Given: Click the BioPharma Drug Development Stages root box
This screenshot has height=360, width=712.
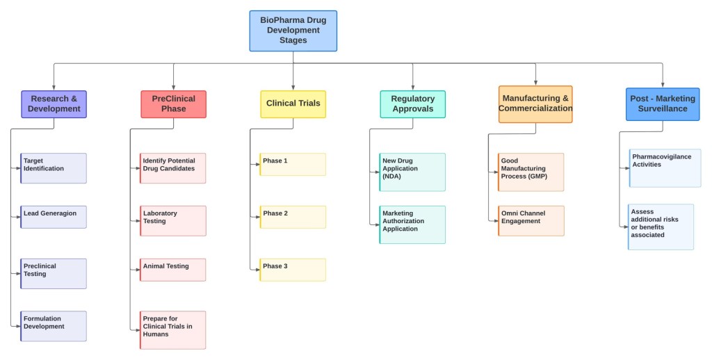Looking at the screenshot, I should tap(293, 31).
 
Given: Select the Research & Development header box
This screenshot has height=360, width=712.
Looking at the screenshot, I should tap(54, 104).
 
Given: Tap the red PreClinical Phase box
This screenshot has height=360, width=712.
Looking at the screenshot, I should tap(173, 104).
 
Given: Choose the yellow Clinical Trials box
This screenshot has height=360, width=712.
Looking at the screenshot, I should tap(293, 104).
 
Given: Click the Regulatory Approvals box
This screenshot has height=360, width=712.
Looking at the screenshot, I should tap(412, 104).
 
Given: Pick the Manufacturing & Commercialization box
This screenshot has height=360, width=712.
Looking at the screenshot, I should tap(535, 104).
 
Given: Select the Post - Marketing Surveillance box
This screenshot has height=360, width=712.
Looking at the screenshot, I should tap(662, 104).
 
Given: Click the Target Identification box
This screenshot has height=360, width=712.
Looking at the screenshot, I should tap(54, 168).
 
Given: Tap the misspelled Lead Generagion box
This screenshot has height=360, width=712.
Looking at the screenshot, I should tap(54, 217).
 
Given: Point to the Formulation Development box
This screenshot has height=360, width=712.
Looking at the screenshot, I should tap(54, 326).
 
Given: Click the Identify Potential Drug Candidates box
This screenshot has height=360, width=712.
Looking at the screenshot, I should tap(173, 168).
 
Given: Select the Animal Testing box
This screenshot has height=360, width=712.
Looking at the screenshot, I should tap(173, 270).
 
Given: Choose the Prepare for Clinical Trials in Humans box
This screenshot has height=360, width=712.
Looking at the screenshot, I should tap(173, 329).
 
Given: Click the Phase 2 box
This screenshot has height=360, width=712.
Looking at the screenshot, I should tap(293, 217).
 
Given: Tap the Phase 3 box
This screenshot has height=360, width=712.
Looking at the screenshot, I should tap(293, 270).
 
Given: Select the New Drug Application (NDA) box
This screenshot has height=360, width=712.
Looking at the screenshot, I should tap(412, 172).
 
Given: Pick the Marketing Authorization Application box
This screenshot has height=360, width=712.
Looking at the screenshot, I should tap(412, 224).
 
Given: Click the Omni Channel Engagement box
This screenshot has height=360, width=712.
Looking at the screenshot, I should tap(531, 220).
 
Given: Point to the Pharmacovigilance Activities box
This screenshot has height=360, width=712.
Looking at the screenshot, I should tap(665, 167).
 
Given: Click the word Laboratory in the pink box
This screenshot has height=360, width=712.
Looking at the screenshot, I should tap(160, 213).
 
